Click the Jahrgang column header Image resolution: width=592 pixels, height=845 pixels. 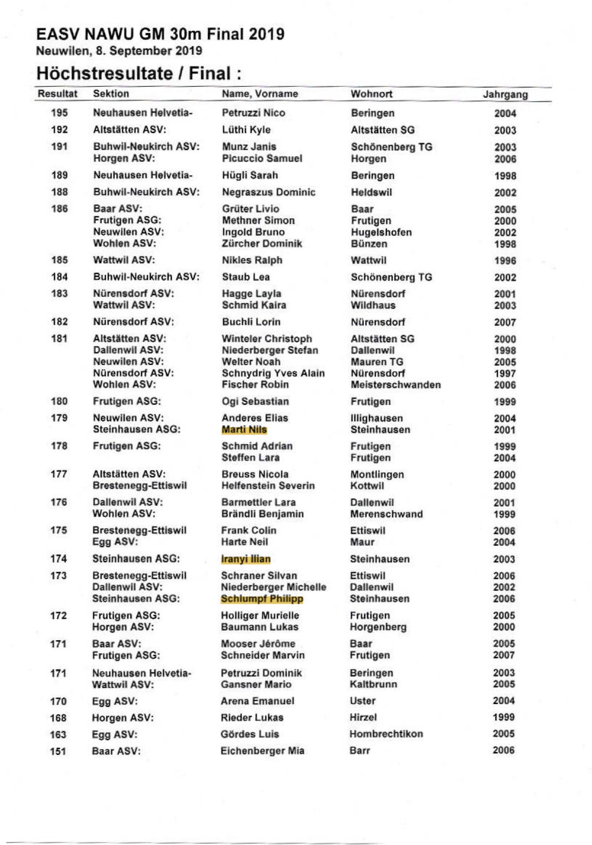[x=505, y=94]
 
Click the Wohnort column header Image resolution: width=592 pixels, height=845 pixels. [x=371, y=93]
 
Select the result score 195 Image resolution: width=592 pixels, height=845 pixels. [x=59, y=113]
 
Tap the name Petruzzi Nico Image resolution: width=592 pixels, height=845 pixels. [x=253, y=113]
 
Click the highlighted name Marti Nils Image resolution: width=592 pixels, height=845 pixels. [x=244, y=430]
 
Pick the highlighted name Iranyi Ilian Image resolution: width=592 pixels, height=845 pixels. [x=246, y=559]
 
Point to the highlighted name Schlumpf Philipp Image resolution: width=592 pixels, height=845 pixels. [x=262, y=599]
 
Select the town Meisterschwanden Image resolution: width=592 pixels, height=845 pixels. [x=395, y=385]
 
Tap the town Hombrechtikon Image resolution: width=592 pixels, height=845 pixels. [x=386, y=734]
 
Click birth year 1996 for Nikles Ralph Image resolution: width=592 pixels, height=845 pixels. [x=505, y=261]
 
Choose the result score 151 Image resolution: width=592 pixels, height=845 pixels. [x=58, y=752]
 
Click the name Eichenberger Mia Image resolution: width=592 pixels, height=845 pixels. [x=262, y=751]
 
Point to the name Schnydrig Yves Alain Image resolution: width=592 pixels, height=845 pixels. [x=273, y=373]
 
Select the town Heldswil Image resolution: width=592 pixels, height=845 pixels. [x=371, y=192]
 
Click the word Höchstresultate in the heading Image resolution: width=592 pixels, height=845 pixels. [x=104, y=74]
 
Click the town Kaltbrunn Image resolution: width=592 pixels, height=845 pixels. [x=373, y=684]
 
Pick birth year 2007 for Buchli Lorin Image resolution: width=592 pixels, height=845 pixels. [x=505, y=323]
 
